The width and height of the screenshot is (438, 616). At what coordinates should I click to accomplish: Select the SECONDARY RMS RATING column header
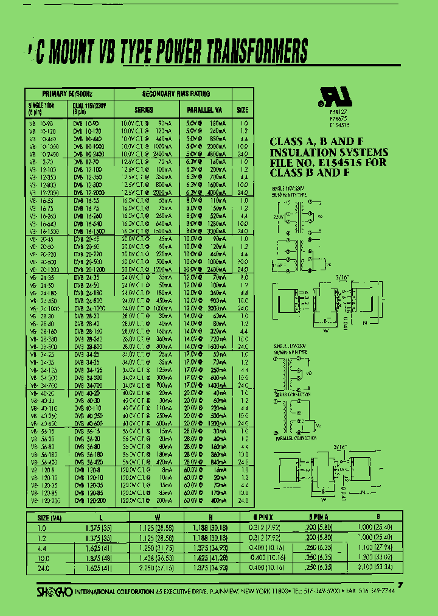coord(176,94)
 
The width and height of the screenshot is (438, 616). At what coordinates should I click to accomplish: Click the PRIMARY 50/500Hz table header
coord(68,94)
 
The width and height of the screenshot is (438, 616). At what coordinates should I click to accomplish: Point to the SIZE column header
coord(243,110)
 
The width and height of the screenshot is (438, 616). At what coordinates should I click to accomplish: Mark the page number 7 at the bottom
coord(400,586)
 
